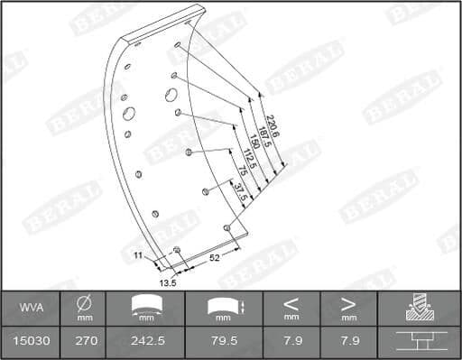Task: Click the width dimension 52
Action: pos(215,258)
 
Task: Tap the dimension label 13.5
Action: pos(167,282)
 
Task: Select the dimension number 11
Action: pos(138,256)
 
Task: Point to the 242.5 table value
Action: pos(145,343)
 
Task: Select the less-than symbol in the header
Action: pos(291,304)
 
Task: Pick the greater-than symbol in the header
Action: pos(347,304)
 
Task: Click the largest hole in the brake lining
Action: pos(129,115)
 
